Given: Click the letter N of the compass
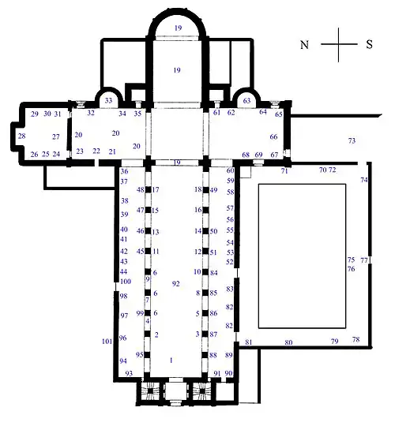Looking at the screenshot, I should (304, 45).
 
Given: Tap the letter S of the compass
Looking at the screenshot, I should (369, 45).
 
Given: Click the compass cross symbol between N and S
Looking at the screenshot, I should (337, 44).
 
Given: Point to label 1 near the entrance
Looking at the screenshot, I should (171, 359).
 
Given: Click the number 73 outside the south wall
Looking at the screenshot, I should (352, 140).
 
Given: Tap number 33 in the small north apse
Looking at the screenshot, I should (109, 101).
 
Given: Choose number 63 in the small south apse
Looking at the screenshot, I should (247, 101).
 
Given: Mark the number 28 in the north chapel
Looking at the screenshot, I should (22, 136).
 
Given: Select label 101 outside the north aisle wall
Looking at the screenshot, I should (107, 342).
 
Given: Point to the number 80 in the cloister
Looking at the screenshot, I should (288, 342).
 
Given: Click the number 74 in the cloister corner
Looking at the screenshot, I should (364, 181).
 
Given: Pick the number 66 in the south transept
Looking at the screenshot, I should (274, 137).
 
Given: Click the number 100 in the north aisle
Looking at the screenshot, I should (125, 282).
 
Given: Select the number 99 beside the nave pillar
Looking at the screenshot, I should (140, 313).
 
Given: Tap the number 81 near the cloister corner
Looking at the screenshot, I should (248, 342).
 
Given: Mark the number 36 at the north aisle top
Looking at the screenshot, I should (124, 171).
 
